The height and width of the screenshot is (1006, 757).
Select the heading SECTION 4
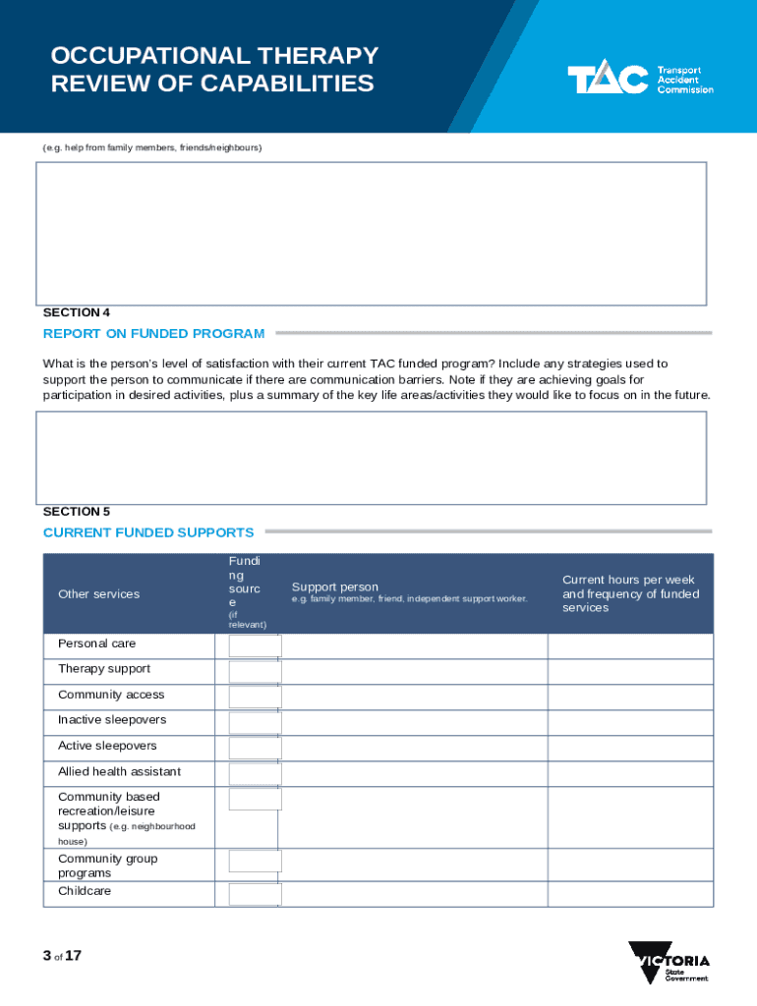pos(77,312)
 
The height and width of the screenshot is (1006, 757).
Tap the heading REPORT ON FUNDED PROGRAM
pos(153,333)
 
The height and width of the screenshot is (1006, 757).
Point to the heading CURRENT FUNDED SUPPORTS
pos(148,532)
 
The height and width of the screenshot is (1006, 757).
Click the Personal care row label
pos(97,643)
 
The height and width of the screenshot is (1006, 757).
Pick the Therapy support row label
pos(104,669)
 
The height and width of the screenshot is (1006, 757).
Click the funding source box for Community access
pos(255,697)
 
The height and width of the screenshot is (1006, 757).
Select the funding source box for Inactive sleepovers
pos(255,722)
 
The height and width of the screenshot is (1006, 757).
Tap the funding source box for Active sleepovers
pos(255,748)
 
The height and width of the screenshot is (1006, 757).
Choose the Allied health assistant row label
pos(119,771)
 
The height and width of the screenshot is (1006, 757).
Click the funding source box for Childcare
pos(255,894)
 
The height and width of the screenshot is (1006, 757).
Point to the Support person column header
pos(335,587)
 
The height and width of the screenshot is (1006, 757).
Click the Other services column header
pos(98,593)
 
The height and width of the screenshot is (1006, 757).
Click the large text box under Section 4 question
pos(371,458)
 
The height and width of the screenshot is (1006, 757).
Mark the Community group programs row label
pos(107,866)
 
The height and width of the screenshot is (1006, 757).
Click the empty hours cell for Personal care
pos(629,645)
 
